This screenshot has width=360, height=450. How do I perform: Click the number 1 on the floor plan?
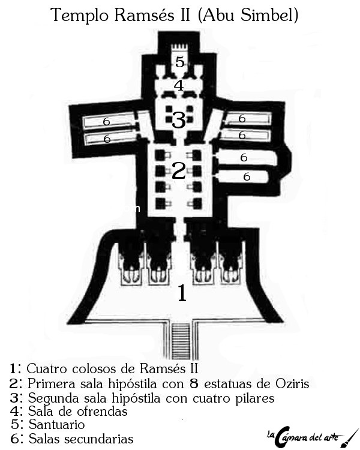coord(181,293)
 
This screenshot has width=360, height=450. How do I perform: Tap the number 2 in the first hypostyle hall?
coord(178,171)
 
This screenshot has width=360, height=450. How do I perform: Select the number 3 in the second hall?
coord(178,120)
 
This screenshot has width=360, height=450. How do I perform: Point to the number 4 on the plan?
coord(179,85)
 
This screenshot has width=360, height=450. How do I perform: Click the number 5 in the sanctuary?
coord(180,61)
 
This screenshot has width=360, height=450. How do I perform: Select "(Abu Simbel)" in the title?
coord(260,16)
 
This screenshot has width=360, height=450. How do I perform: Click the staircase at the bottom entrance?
coord(181,340)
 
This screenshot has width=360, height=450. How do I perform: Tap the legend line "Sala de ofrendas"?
coord(77,412)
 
